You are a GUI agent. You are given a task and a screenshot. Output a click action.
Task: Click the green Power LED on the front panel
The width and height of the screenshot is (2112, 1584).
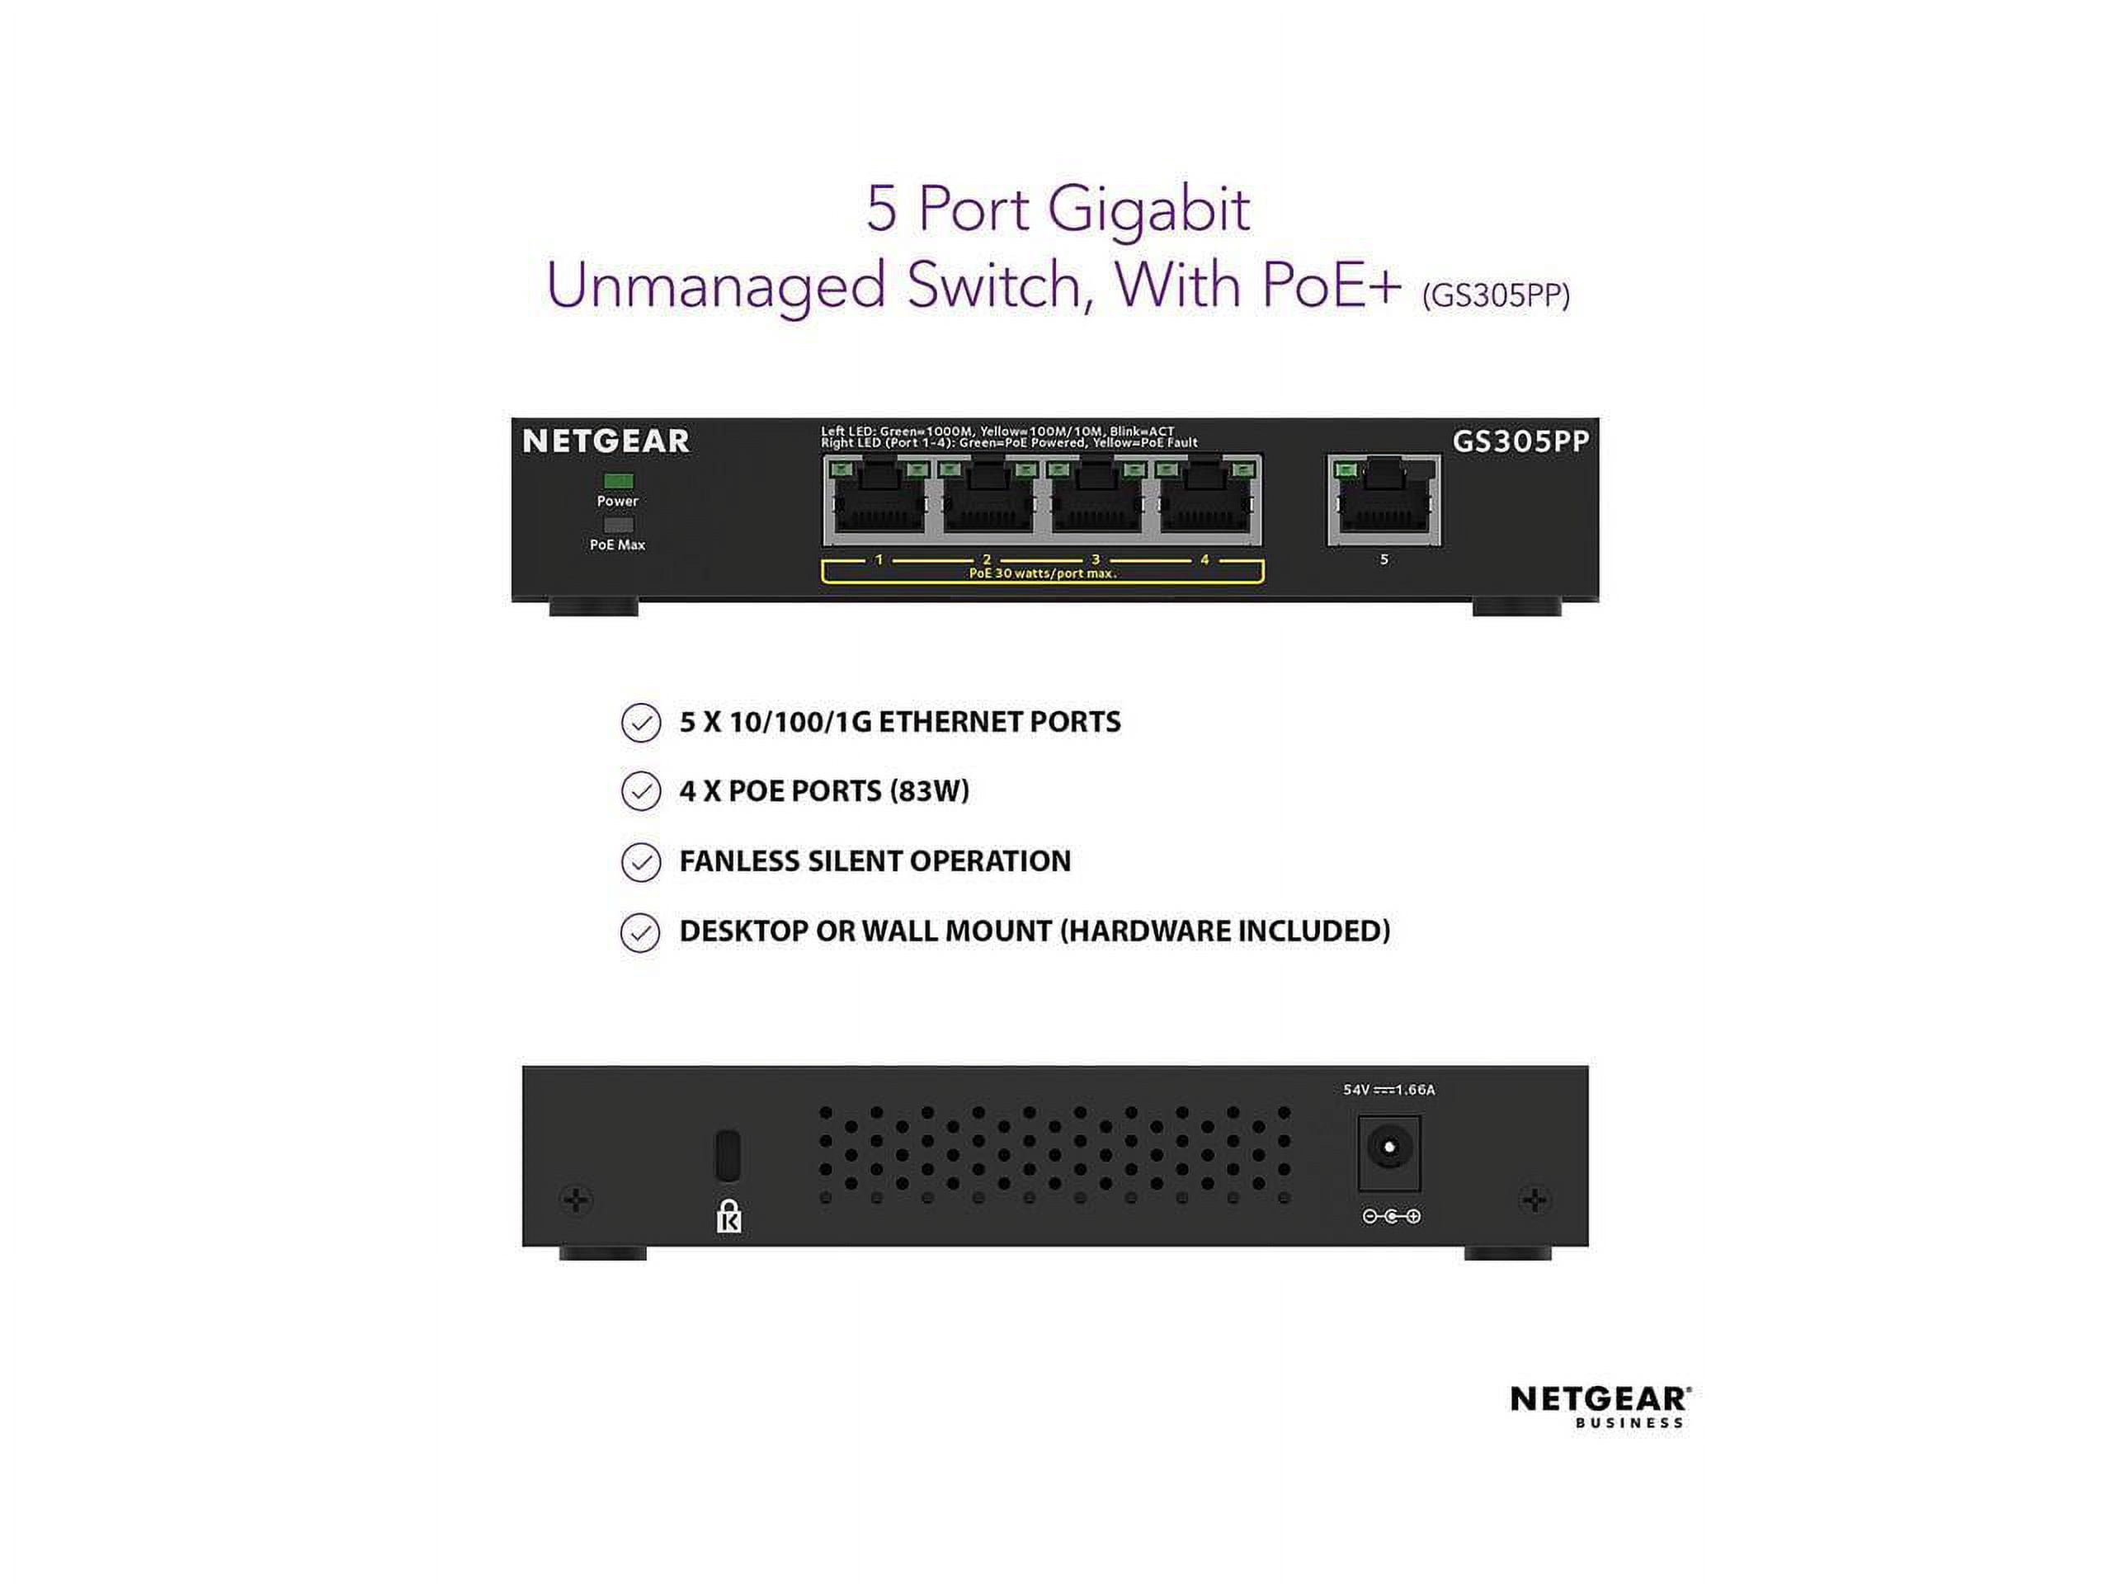(x=619, y=480)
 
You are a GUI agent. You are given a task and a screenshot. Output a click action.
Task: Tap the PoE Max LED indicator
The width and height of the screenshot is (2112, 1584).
(x=619, y=524)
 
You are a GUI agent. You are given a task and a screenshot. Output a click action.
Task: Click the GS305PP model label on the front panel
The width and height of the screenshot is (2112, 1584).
(x=1521, y=441)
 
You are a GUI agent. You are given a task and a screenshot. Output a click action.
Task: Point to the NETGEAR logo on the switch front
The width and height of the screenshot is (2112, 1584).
(x=606, y=441)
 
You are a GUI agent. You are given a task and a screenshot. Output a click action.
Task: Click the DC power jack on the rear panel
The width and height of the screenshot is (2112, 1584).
(x=1389, y=1153)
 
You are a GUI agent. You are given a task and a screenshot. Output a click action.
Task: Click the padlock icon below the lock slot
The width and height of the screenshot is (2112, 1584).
(x=728, y=1215)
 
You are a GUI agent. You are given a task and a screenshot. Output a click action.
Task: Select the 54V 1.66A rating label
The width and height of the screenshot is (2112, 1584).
(x=1389, y=1090)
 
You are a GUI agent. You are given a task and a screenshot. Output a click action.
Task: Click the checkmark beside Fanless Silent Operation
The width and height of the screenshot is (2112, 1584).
(x=641, y=862)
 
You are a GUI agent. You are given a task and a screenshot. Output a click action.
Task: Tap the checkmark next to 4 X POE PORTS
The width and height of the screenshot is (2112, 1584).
(x=641, y=791)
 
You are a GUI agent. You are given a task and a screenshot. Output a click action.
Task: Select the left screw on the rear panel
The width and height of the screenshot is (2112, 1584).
(x=577, y=1200)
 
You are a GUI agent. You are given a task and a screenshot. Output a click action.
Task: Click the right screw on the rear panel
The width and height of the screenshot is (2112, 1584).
(x=1534, y=1200)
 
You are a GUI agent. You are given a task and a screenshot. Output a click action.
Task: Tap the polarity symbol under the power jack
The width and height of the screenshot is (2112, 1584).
(x=1391, y=1216)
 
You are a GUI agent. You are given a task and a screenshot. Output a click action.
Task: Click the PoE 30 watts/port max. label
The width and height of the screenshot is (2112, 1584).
(x=1043, y=574)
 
